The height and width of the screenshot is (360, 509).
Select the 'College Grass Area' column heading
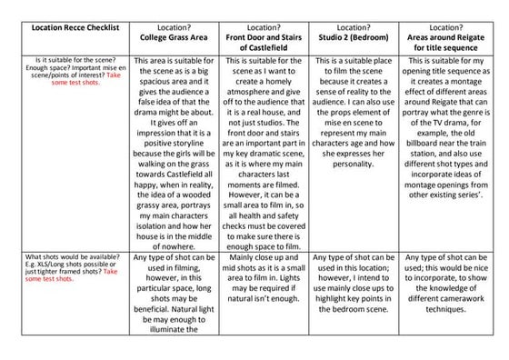[x=171, y=36]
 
